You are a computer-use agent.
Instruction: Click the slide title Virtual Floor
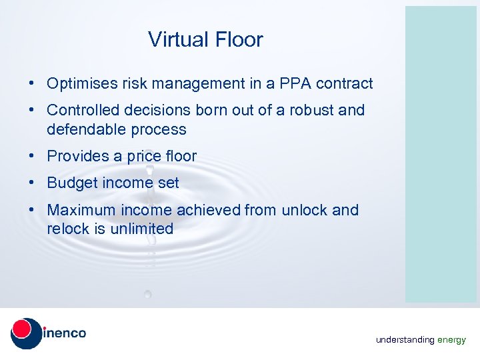(x=205, y=40)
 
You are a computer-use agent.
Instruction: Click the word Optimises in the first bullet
(x=78, y=84)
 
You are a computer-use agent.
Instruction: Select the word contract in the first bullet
(x=345, y=84)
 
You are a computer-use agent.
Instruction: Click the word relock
(x=67, y=229)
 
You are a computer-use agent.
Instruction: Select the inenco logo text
(x=65, y=333)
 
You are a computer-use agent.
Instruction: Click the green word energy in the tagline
(x=451, y=340)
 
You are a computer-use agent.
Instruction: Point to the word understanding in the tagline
(x=405, y=340)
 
